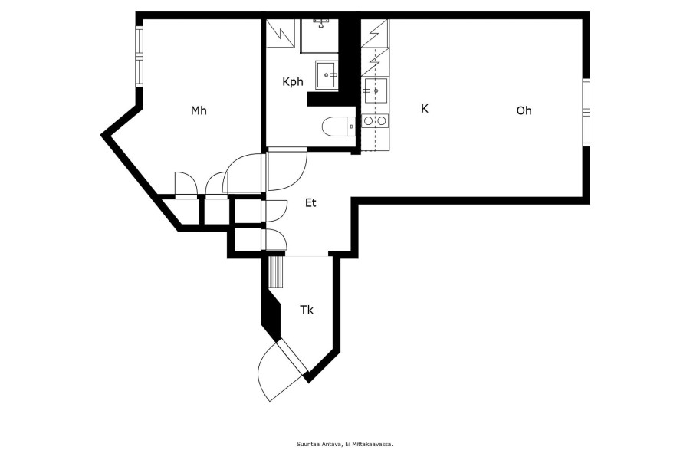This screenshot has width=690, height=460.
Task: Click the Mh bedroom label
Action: click(x=199, y=110)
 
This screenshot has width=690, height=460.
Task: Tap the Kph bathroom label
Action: click(x=293, y=82)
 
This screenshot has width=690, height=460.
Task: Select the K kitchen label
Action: click(x=425, y=109)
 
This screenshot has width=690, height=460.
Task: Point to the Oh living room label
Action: click(x=524, y=110)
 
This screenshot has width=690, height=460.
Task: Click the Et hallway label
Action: click(x=310, y=203)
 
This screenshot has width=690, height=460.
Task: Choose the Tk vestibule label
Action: click(x=307, y=310)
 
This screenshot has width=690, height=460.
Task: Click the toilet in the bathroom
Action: click(x=338, y=127)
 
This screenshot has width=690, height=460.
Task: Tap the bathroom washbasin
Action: click(x=327, y=75)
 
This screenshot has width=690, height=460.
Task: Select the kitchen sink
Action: click(x=376, y=90)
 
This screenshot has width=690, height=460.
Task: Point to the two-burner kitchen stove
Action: click(x=375, y=120)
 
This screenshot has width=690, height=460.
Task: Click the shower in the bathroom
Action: click(x=320, y=36)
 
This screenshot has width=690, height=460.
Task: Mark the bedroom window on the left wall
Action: click(x=139, y=55)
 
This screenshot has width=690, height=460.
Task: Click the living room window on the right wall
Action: click(x=586, y=112)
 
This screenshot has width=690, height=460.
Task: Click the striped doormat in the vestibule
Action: click(x=276, y=272)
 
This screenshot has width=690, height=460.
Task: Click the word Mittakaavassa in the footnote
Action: click(x=376, y=444)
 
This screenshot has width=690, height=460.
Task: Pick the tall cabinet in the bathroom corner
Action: click(x=281, y=32)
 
